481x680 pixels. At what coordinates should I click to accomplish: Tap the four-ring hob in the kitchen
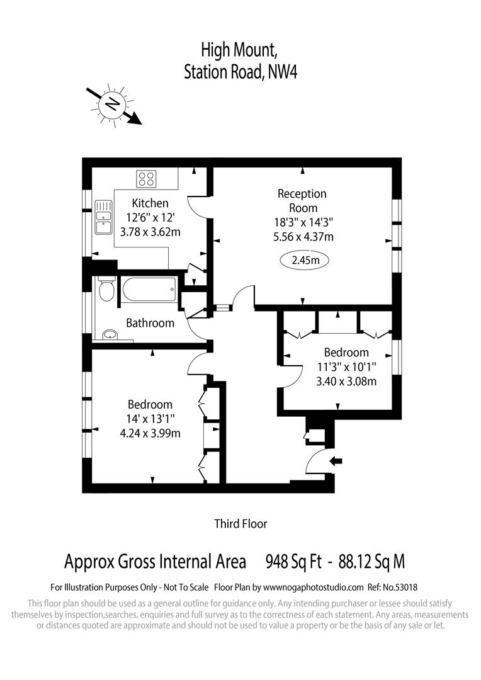point(147,179)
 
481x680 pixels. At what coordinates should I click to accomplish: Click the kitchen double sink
point(103,218)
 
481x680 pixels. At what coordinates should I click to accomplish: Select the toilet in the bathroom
point(106,289)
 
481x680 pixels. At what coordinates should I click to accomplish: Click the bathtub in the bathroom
point(149,290)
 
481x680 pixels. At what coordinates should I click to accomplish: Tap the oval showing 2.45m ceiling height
point(305,259)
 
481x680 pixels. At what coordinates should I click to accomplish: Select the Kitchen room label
point(150,203)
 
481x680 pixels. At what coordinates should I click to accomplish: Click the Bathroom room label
point(150,323)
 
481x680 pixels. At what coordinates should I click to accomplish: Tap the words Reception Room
point(302,201)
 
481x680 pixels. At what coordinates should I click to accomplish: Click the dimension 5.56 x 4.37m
point(302,237)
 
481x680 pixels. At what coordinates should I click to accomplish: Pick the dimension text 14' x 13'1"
point(150,419)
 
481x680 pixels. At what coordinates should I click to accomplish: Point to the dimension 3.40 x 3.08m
point(346,381)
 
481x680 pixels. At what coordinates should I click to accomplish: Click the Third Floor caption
point(241,523)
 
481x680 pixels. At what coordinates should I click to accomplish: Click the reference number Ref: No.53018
point(390,587)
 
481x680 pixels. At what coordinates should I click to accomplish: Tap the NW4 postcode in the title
point(282,72)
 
